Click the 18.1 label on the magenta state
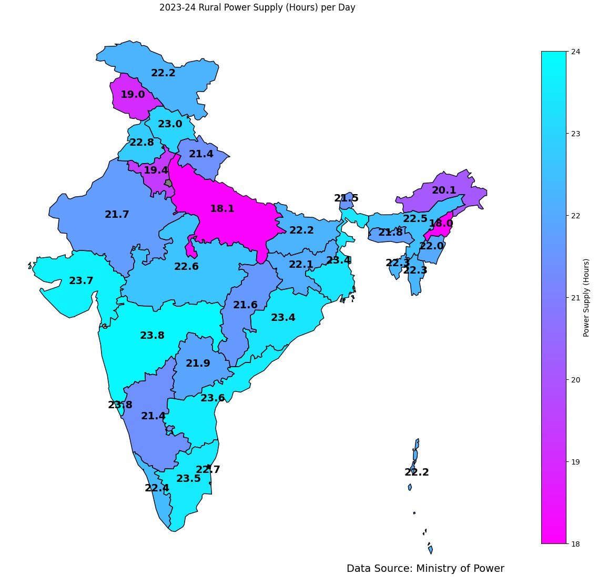pos(222,209)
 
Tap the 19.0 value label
pos(133,95)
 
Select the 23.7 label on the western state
pos(81,281)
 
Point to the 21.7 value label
pos(117,215)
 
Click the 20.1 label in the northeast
pos(444,190)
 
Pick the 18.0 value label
pos(441,224)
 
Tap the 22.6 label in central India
pos(186,267)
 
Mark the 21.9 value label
pos(198,364)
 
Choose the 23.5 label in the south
pos(188,479)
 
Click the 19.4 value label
pos(156,170)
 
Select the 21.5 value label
pos(346,198)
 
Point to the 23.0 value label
pos(170,124)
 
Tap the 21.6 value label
pos(245,305)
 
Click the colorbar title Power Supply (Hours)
pos(586,297)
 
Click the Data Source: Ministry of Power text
pos(425,569)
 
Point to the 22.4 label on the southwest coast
pos(157,488)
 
